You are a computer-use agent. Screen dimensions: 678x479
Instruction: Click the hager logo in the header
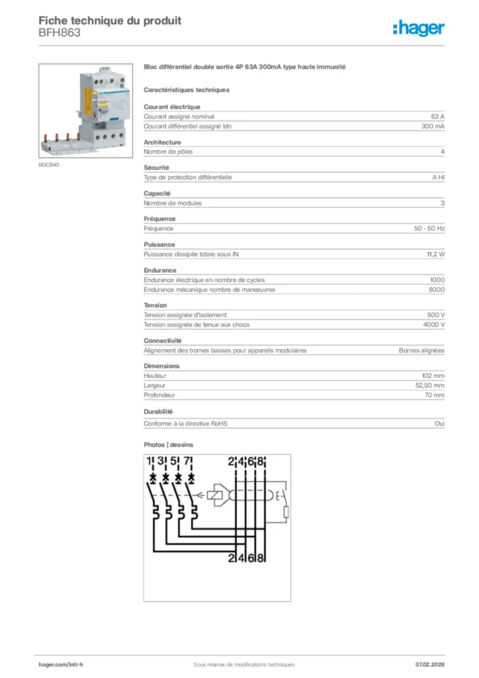(x=418, y=28)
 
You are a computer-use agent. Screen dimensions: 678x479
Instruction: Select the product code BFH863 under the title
(x=60, y=33)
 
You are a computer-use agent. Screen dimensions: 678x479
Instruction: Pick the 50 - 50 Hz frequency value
(x=429, y=228)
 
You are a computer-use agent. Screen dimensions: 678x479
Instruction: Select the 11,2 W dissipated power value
(x=435, y=254)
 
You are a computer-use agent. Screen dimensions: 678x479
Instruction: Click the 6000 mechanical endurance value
(x=436, y=289)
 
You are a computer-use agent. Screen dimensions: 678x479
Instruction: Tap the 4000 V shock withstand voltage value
(x=433, y=324)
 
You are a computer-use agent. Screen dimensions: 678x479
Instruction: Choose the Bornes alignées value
(x=421, y=350)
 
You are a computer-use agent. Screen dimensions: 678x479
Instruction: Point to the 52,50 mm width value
(x=431, y=385)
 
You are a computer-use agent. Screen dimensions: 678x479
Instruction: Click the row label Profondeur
(x=159, y=395)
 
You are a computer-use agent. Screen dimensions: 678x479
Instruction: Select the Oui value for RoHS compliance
(x=439, y=424)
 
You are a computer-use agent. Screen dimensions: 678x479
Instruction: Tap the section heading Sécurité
(x=157, y=168)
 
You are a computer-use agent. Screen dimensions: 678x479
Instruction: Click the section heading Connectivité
(x=162, y=340)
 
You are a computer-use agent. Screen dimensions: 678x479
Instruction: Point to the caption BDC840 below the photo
(x=49, y=165)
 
